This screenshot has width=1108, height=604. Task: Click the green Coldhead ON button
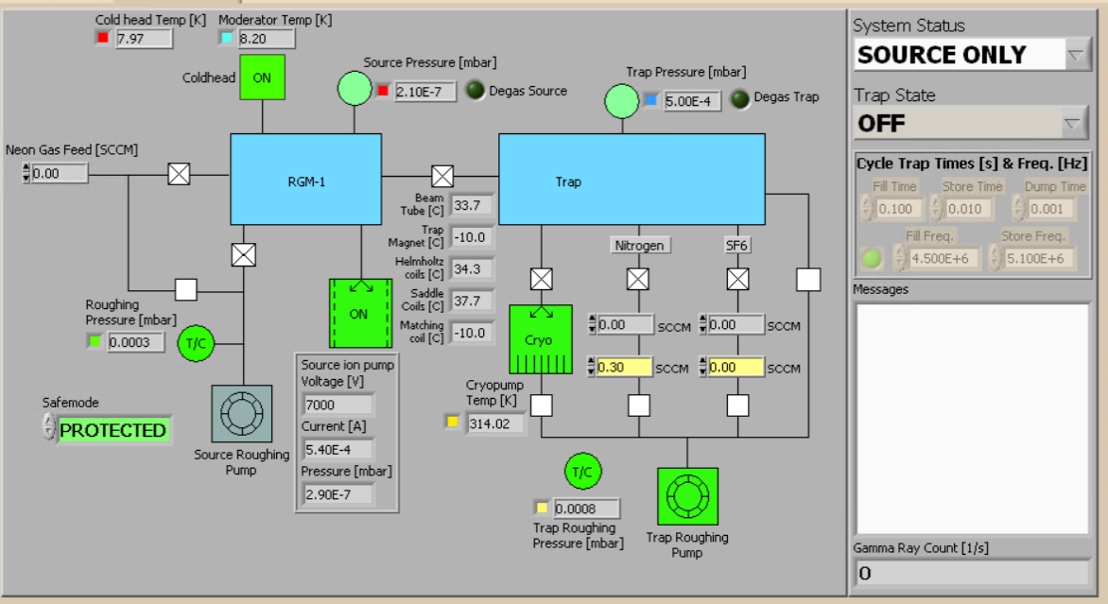point(262,78)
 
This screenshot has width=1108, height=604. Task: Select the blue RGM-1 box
point(305,180)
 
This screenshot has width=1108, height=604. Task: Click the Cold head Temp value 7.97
point(144,39)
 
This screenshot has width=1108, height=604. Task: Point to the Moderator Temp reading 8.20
point(267,39)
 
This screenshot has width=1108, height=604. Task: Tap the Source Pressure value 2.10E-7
point(425,92)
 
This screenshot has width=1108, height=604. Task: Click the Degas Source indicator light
point(476,91)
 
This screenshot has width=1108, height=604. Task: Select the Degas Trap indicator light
point(739,97)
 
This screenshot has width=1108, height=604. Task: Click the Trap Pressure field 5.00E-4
point(692,101)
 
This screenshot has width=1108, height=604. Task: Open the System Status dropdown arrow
point(1077,55)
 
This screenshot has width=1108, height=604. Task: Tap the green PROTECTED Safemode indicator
point(113,430)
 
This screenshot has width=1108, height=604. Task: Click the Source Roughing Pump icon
point(240,414)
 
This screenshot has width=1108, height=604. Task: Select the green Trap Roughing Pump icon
point(687,496)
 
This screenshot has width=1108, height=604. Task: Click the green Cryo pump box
point(540,339)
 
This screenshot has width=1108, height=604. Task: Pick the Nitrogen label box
point(640,246)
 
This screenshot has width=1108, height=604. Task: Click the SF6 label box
point(736,246)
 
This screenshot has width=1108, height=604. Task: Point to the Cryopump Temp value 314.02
point(495,423)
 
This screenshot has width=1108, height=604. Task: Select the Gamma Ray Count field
point(972,573)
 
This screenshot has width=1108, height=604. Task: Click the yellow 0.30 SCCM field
point(624,368)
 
